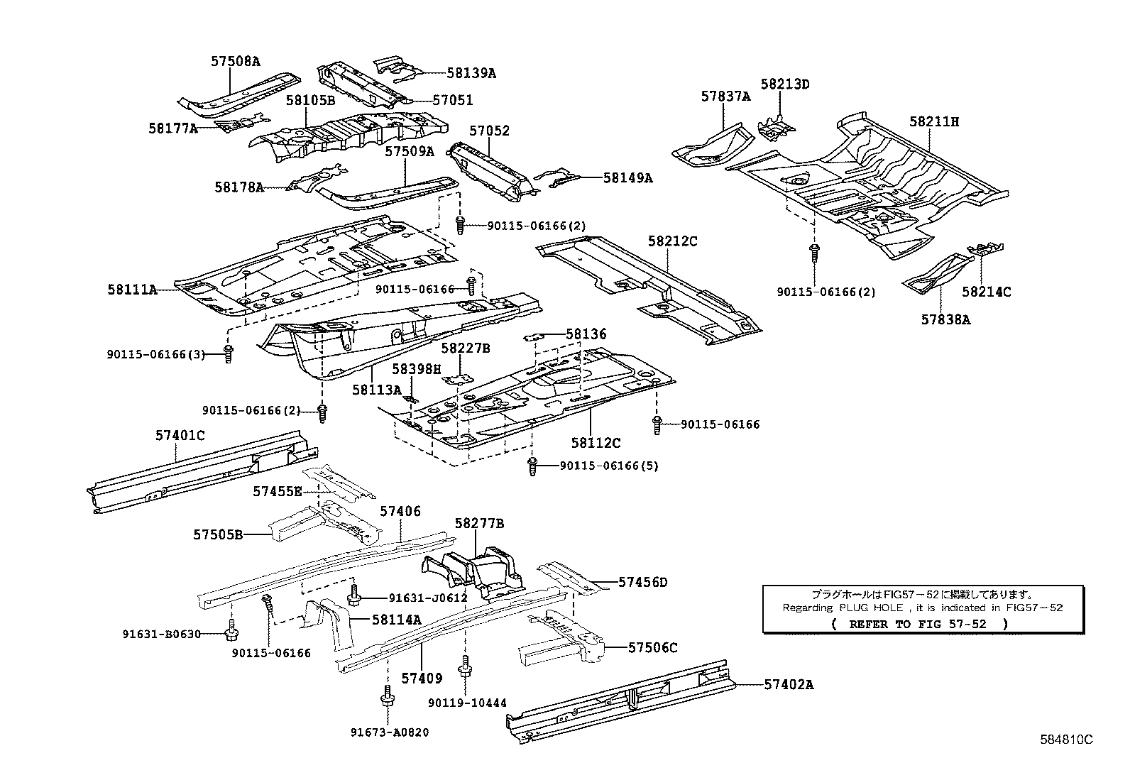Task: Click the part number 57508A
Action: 235,61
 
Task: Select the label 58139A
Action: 471,72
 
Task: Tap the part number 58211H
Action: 934,121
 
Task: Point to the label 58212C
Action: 672,241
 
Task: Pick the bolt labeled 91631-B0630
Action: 231,628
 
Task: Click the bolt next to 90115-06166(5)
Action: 533,466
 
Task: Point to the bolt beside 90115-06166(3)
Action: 228,353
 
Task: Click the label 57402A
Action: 789,685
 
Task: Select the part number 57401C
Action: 180,435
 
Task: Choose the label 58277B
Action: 480,523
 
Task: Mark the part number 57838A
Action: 945,319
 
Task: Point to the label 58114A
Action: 397,619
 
